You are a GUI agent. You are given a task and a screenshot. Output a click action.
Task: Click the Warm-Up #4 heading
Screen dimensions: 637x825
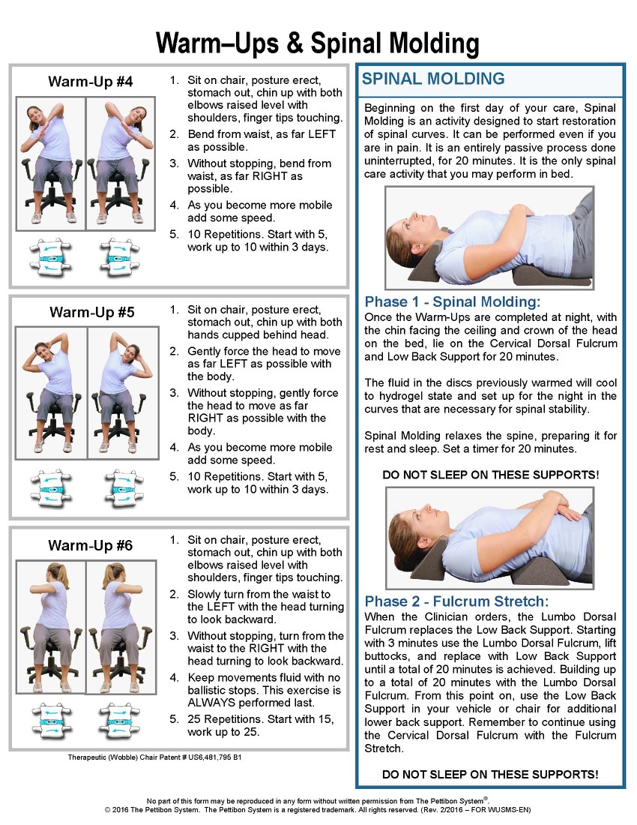coord(91,82)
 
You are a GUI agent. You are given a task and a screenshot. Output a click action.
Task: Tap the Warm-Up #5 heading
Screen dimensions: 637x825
coord(92,312)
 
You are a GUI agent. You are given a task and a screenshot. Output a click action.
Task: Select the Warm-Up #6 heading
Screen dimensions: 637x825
coord(91,545)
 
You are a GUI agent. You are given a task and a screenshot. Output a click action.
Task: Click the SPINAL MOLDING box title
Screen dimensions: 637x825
coord(433,79)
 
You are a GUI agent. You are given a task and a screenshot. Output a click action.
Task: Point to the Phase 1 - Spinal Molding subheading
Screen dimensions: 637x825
coord(453,301)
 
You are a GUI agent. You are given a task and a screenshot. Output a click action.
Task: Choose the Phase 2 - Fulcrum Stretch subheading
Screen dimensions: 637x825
coord(456,601)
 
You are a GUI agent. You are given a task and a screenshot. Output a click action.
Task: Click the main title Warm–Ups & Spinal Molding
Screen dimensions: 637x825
coord(318,43)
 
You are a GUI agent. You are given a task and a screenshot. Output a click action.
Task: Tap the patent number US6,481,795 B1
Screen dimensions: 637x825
coord(215,757)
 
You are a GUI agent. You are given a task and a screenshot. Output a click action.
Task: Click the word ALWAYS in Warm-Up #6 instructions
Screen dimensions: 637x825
coord(211,703)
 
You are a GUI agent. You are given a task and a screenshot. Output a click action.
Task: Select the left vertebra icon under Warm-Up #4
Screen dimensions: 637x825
coord(50,258)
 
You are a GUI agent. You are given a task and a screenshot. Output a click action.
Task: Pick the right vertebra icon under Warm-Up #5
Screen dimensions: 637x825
coord(124,489)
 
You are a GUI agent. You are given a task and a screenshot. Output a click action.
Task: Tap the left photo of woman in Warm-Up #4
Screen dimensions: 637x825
coord(51,163)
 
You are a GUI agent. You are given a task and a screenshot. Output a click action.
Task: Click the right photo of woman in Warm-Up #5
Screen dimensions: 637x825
coord(123,392)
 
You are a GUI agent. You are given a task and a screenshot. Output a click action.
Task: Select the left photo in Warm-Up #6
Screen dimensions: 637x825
coord(51,627)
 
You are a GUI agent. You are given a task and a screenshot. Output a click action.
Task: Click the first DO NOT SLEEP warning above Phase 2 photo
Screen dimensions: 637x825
coord(490,475)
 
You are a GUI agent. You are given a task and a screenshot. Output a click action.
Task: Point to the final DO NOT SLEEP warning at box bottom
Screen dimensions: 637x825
coord(490,775)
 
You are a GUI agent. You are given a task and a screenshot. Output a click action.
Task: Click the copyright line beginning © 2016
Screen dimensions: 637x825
coord(318,810)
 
